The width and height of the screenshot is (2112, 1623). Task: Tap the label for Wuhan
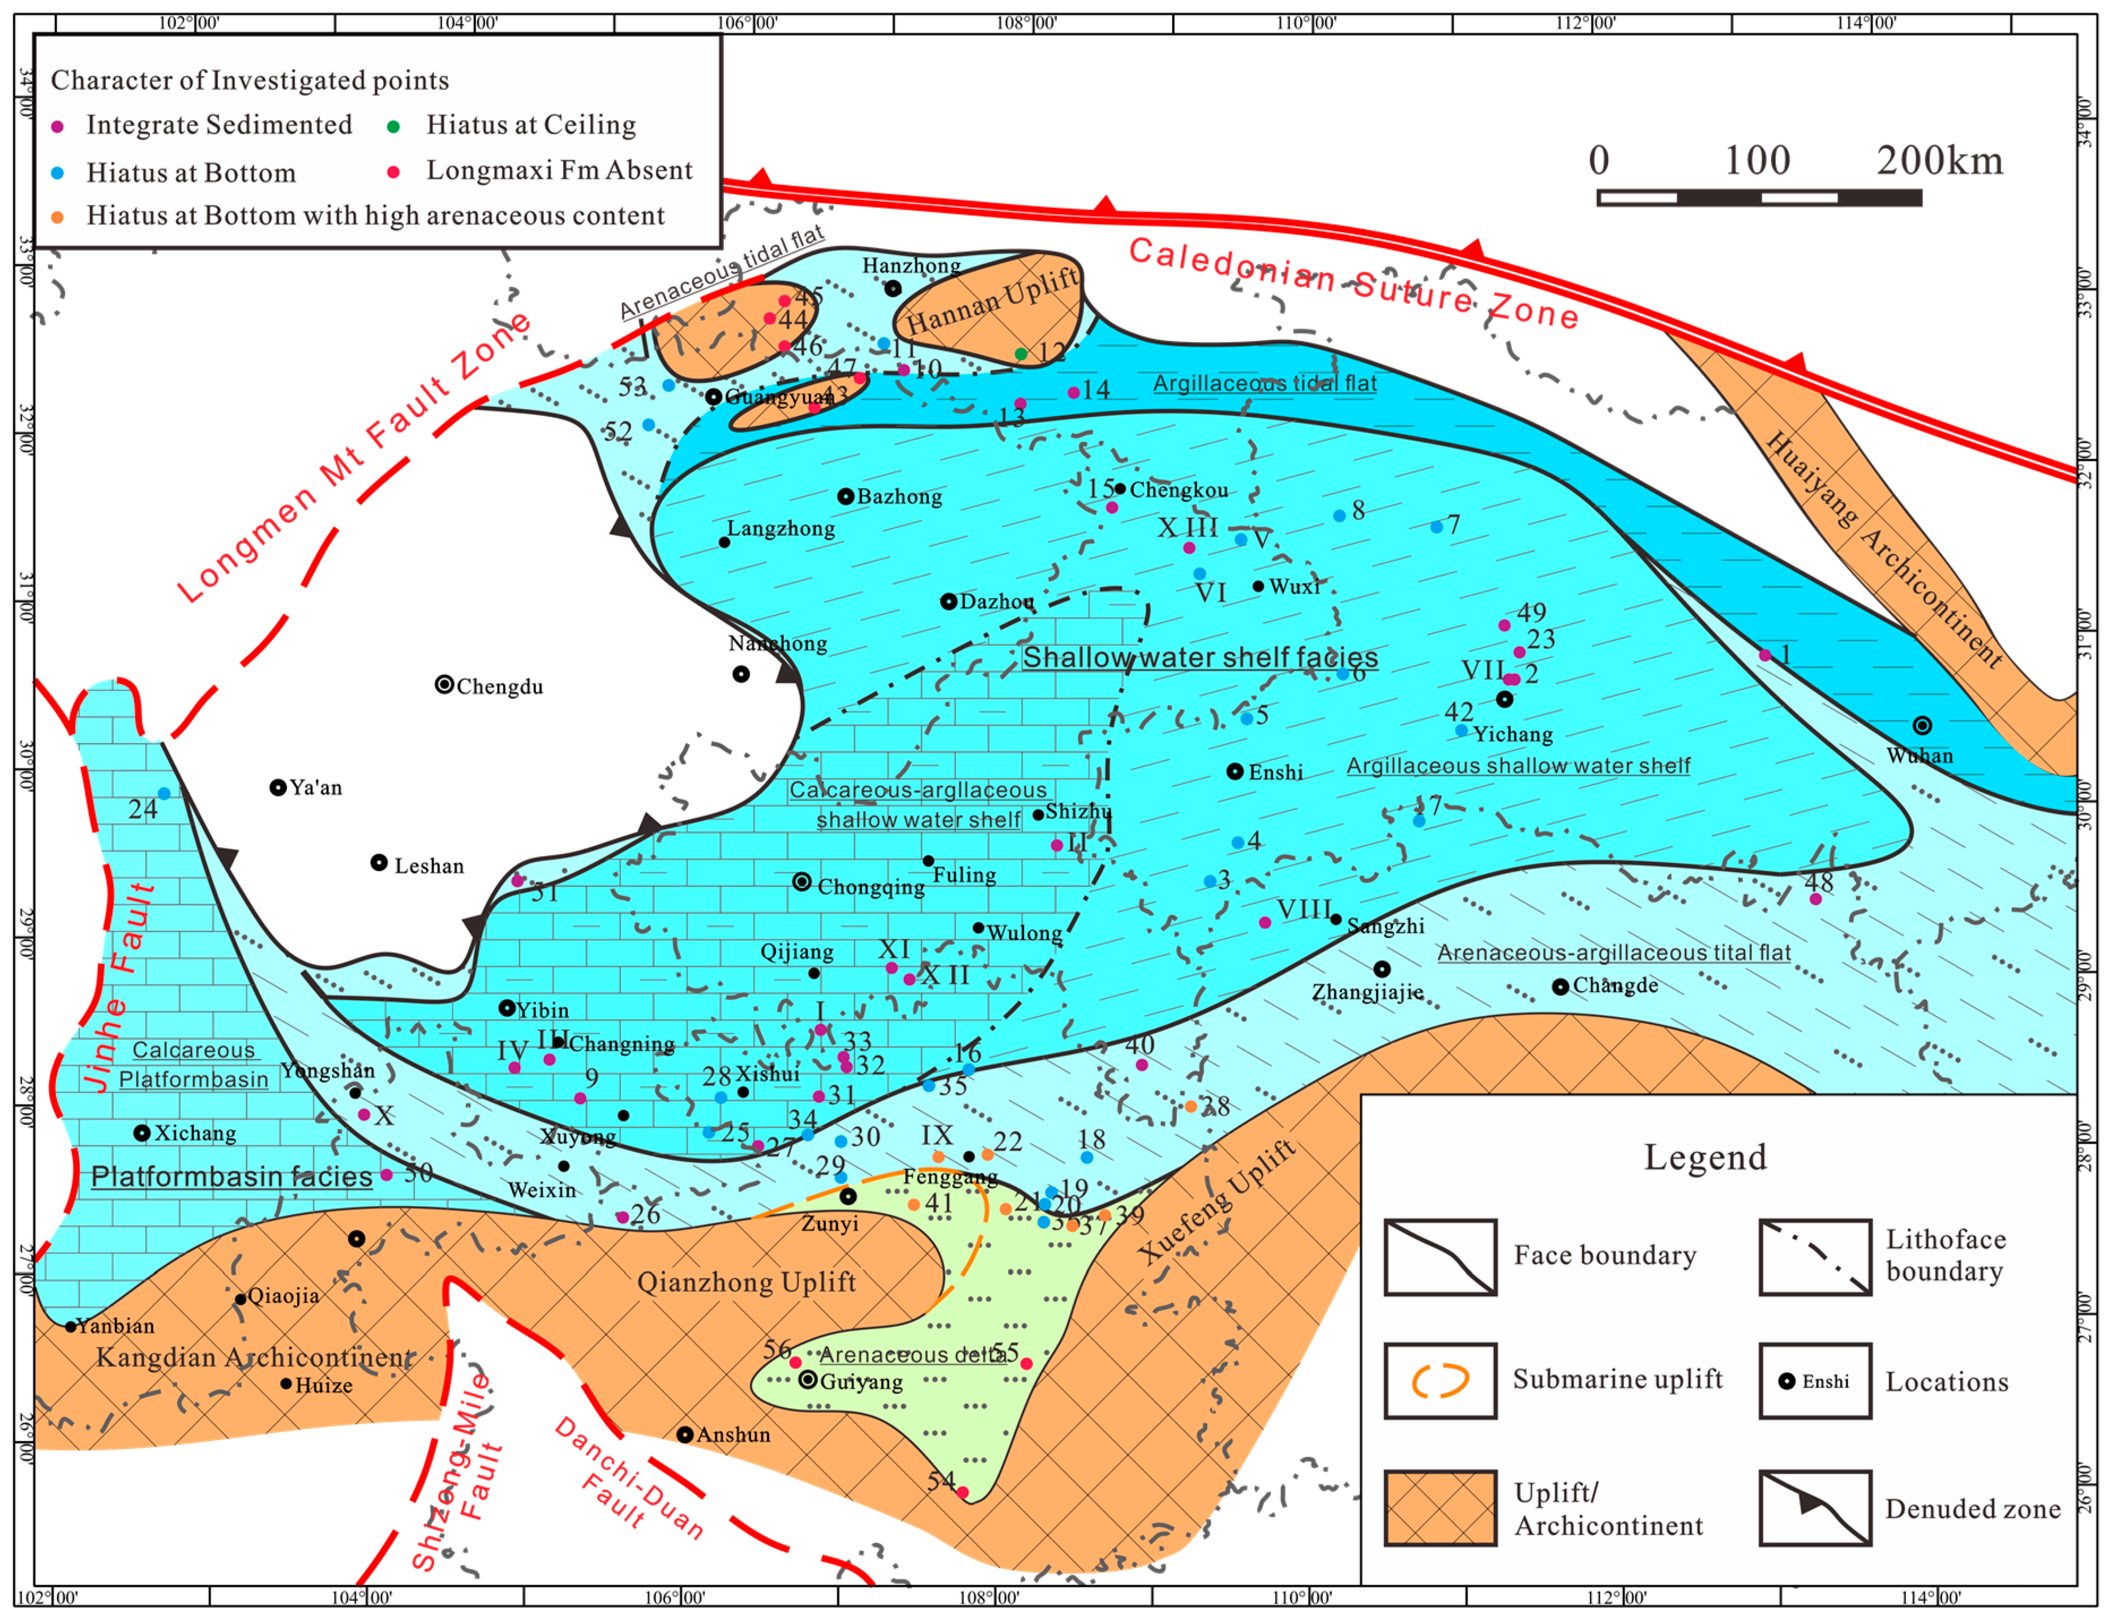(1919, 756)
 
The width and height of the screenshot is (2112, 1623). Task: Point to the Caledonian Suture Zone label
(1352, 283)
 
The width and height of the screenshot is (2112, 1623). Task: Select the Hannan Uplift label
(992, 301)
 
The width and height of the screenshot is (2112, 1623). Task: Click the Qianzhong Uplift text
(746, 1282)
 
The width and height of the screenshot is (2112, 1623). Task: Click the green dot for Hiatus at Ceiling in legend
(393, 126)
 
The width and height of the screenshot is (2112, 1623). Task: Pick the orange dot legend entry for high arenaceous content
(57, 216)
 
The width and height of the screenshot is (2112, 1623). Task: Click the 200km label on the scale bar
(1939, 160)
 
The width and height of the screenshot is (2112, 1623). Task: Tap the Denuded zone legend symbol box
(1814, 1508)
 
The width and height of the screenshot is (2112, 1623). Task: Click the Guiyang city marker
(808, 1380)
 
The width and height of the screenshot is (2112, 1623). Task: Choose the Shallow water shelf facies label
(1200, 658)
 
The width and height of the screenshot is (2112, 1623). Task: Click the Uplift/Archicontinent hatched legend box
(1440, 1508)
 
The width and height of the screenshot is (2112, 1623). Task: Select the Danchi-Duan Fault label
(628, 1478)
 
